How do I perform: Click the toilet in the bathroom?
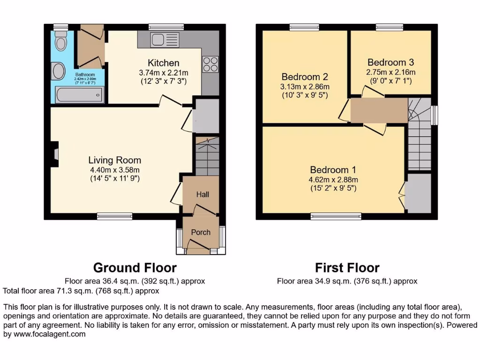pos(60,43)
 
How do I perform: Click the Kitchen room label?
pos(164,63)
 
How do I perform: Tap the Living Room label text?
pos(114,160)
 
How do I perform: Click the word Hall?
pos(202,195)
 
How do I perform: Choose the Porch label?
pos(201,232)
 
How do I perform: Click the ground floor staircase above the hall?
pos(207,157)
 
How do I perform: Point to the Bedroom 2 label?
pos(305,77)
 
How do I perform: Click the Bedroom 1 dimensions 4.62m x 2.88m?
pos(333,180)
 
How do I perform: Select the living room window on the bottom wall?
pos(115,216)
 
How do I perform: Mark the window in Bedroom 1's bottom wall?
pos(336,216)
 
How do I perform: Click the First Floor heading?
pos(347,268)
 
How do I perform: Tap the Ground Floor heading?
pos(135,268)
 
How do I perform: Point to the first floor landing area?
pos(379,111)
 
